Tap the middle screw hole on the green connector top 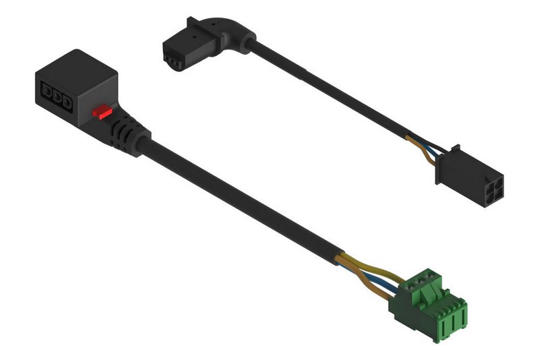coord(424,276)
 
